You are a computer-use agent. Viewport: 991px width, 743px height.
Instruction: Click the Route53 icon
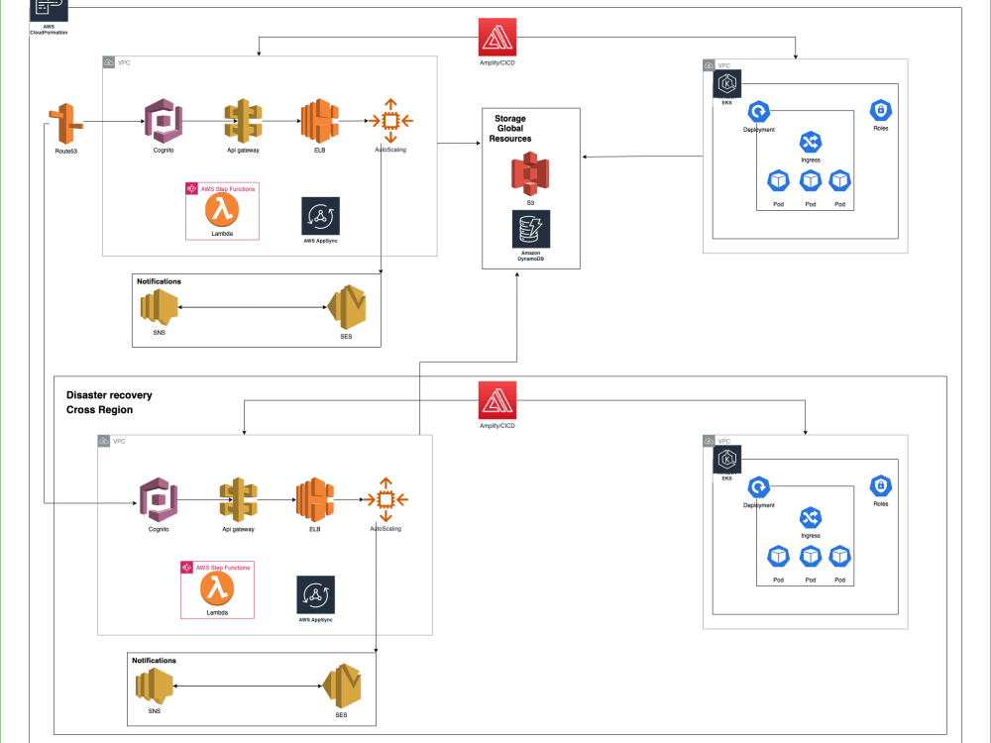pos(65,125)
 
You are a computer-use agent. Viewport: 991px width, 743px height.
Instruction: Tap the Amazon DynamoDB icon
pos(530,229)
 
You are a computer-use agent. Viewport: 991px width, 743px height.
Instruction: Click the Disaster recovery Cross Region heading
pos(109,402)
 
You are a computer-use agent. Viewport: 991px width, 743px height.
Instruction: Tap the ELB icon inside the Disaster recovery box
pos(314,500)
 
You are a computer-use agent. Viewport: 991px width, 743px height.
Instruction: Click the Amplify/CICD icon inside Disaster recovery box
pos(496,401)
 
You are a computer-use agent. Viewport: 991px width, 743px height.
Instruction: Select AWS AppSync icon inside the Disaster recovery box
pos(315,594)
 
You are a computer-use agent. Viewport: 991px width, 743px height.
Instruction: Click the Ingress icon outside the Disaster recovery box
pos(811,144)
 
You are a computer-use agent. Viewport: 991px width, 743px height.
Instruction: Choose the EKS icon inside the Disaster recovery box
pos(727,460)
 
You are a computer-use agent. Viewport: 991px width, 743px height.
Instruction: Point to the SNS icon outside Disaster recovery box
pos(159,308)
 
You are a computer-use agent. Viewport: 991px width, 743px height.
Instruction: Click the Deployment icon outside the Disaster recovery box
pos(759,112)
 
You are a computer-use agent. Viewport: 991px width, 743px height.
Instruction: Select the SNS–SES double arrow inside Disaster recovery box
pos(248,685)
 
